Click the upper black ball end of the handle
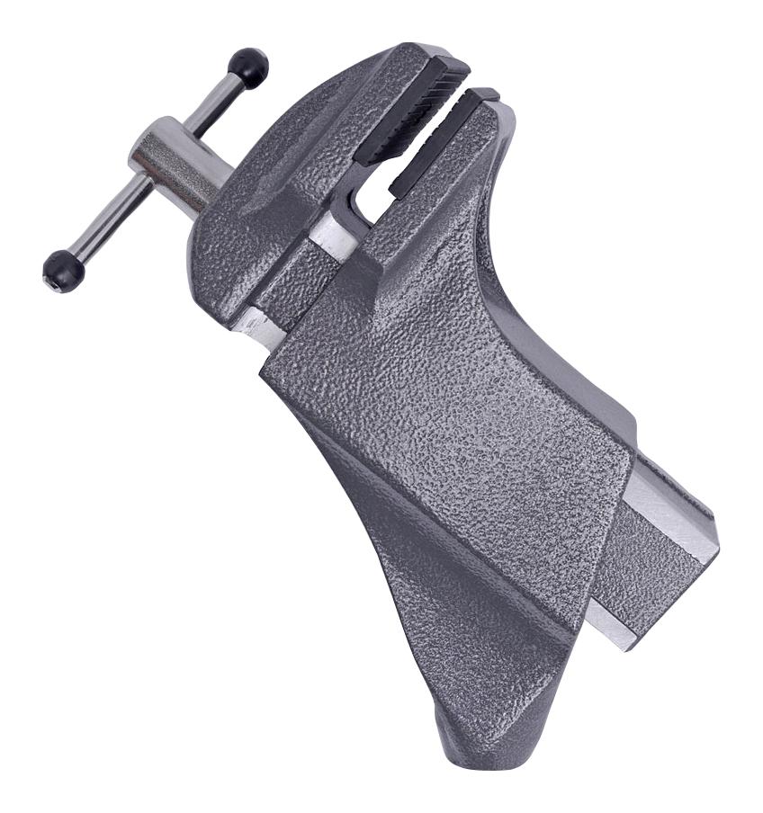(x=248, y=67)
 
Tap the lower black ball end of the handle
(x=64, y=269)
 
